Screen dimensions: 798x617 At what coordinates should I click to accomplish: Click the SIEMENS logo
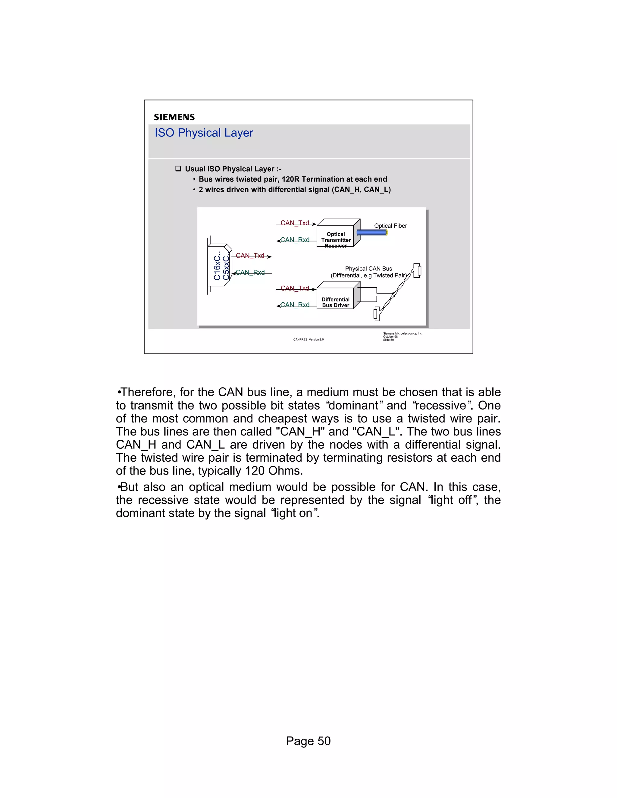[174, 117]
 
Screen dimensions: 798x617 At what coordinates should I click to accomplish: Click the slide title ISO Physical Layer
[204, 132]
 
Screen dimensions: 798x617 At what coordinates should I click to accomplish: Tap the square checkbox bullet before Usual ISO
[178, 169]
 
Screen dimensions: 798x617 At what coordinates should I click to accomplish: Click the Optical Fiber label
[390, 226]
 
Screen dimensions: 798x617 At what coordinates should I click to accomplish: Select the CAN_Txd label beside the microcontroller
[250, 255]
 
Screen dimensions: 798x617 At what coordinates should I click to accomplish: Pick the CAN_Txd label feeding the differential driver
[295, 288]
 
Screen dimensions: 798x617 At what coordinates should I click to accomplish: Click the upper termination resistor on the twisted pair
[418, 270]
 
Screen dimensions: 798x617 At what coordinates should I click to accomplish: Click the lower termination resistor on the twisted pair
[377, 314]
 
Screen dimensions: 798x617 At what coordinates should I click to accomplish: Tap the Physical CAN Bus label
[368, 269]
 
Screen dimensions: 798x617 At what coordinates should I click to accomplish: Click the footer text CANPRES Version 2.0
[308, 339]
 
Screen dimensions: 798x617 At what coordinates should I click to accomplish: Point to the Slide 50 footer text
[388, 340]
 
